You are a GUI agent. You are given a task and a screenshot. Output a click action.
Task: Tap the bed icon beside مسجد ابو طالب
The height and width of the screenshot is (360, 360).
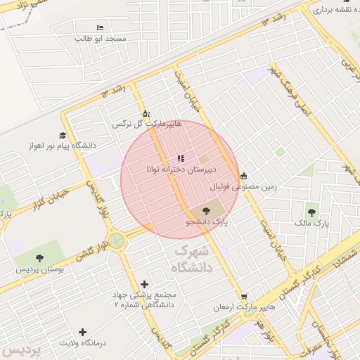click(99, 27)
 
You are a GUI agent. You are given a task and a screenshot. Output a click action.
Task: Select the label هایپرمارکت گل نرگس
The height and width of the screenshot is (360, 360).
click(147, 124)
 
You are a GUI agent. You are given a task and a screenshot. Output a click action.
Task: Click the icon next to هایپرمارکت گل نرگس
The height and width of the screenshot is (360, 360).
click(146, 113)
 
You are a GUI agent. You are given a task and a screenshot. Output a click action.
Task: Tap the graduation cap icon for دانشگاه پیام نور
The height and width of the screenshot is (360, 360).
click(63, 135)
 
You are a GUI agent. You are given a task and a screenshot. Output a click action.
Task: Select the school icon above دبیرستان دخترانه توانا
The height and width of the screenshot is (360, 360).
click(181, 158)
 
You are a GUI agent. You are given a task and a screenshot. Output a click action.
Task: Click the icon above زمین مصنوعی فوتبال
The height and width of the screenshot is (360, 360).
click(243, 176)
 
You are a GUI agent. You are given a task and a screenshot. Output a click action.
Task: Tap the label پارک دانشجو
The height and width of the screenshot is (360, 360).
click(207, 221)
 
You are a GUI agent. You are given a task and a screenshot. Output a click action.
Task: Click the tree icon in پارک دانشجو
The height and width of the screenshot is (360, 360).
click(206, 210)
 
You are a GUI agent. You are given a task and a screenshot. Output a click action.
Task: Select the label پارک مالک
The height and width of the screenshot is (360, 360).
click(311, 223)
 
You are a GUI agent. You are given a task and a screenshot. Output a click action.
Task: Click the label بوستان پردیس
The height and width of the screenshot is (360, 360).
click(40, 269)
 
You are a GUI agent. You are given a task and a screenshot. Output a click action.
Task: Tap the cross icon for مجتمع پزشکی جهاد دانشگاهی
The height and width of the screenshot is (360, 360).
click(145, 284)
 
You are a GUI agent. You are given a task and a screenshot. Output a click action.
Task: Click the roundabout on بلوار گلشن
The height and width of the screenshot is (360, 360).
click(116, 241)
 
